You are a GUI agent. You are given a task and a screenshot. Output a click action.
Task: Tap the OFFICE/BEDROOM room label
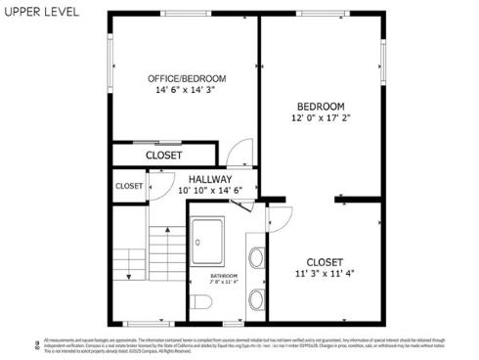187,78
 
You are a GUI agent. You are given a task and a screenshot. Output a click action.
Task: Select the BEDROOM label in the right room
321,107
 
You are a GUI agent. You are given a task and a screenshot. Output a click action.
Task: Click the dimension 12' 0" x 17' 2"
321,118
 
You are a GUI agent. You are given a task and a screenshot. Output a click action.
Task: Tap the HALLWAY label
211,180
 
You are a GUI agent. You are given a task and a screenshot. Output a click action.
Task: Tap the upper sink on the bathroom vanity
256,258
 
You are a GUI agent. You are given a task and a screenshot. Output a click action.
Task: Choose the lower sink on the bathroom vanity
256,297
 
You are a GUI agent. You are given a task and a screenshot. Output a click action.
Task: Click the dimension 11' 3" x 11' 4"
325,274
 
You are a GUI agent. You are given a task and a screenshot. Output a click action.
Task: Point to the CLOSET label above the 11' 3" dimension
325,261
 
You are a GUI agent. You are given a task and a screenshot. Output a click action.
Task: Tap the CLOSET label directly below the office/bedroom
163,155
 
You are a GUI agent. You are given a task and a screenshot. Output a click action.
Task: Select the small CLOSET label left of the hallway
129,186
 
